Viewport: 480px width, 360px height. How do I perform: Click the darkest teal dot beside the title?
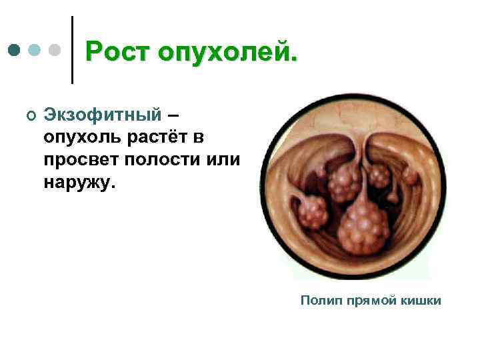click(15, 51)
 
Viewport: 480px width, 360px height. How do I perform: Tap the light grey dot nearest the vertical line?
click(55, 51)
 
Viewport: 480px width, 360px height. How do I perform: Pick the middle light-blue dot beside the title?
click(35, 51)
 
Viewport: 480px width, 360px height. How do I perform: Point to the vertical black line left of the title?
click(72, 50)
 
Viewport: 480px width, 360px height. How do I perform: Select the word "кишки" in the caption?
click(420, 301)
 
